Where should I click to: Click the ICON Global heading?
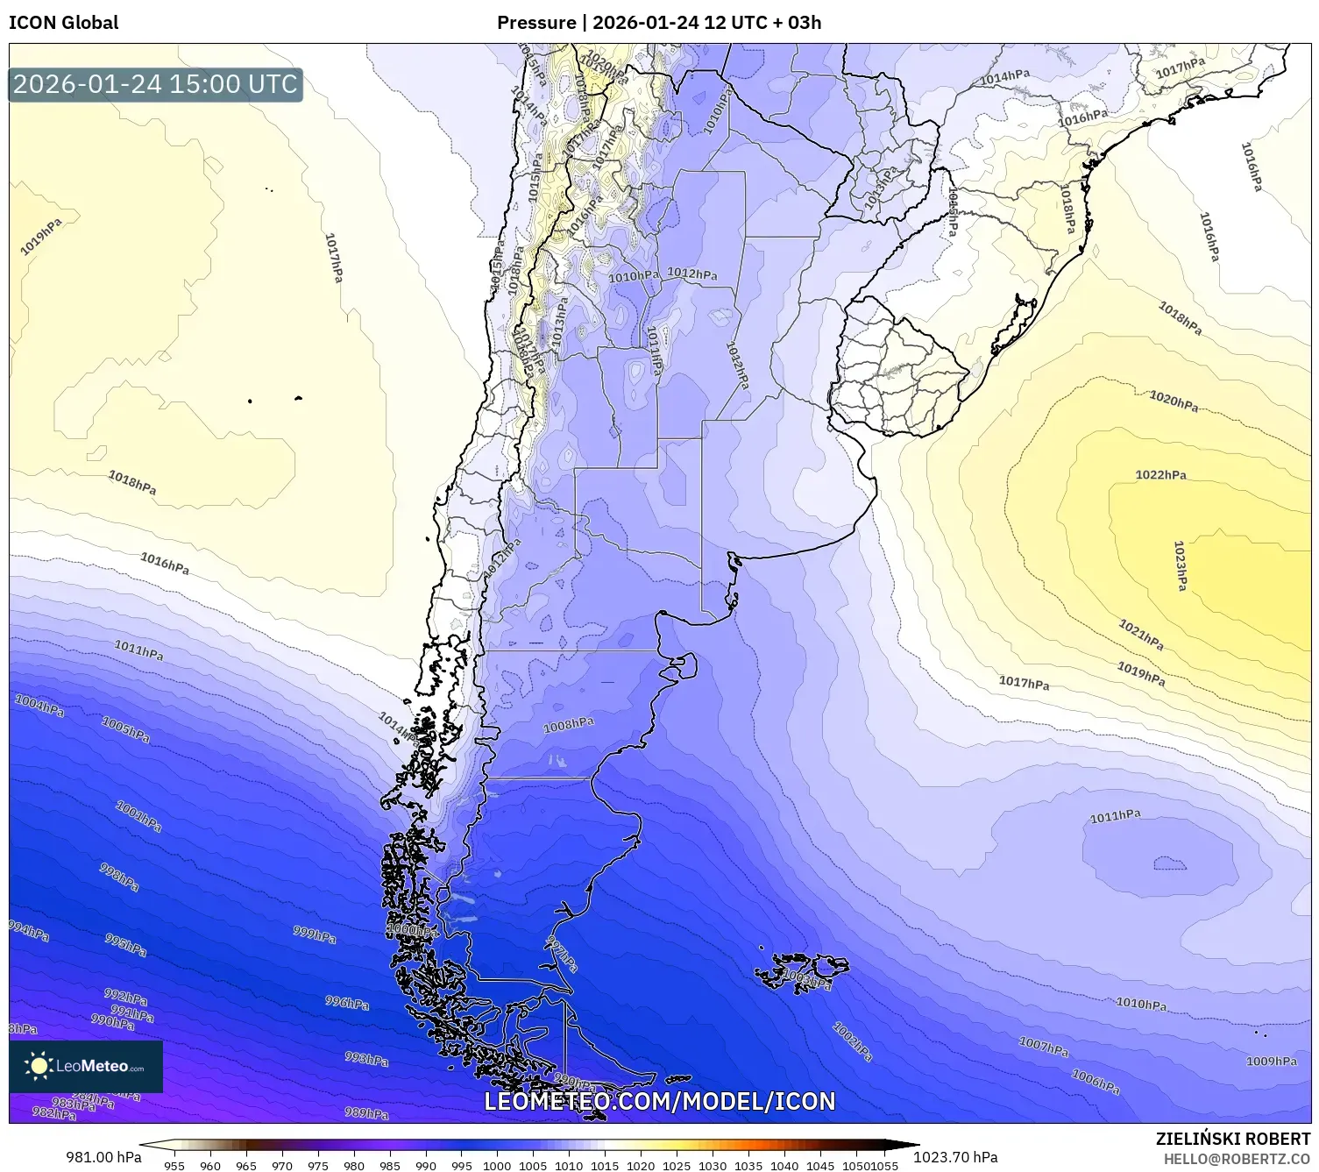(x=63, y=23)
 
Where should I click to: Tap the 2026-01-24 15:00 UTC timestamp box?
(x=155, y=84)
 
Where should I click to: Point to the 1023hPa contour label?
(x=1181, y=565)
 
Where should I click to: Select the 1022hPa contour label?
(x=1160, y=475)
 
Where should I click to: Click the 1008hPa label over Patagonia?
(x=568, y=725)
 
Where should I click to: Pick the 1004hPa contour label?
(x=39, y=705)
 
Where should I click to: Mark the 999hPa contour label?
(x=315, y=934)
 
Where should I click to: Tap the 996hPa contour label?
(x=347, y=1003)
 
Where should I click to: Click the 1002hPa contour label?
(x=852, y=1041)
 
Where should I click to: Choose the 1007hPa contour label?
(x=1043, y=1046)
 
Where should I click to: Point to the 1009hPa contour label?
(x=1271, y=1062)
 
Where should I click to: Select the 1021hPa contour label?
(x=1141, y=635)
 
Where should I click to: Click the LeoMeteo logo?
(x=86, y=1067)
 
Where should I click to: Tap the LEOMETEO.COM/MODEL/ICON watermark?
(x=659, y=1102)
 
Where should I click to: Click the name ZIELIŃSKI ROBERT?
(x=1232, y=1140)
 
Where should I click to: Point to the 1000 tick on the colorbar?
(x=496, y=1166)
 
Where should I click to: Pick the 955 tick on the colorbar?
(x=174, y=1166)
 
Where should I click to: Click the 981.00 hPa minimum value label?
(x=103, y=1157)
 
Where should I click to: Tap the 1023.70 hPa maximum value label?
(x=955, y=1157)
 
